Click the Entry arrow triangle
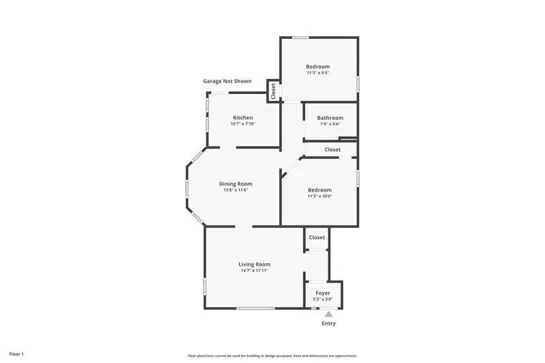pos(328,314)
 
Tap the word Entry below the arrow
pos(328,323)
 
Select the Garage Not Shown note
pos(227,81)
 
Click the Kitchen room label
pos(243,117)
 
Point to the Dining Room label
pos(236,183)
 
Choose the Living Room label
pos(254,264)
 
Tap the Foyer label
pos(323,293)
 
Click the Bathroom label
pos(330,118)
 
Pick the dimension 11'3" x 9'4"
pos(317,73)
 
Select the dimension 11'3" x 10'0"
pos(320,196)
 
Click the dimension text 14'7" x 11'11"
pos(254,270)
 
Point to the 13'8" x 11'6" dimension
pos(236,190)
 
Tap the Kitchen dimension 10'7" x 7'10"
pos(243,124)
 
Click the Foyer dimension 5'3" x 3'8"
pos(323,299)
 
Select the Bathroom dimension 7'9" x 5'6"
pos(330,124)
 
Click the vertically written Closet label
pos(273,91)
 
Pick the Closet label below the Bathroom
pos(332,149)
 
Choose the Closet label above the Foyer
pos(317,237)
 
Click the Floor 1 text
pos(16,354)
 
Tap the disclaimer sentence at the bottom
pos(272,356)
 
